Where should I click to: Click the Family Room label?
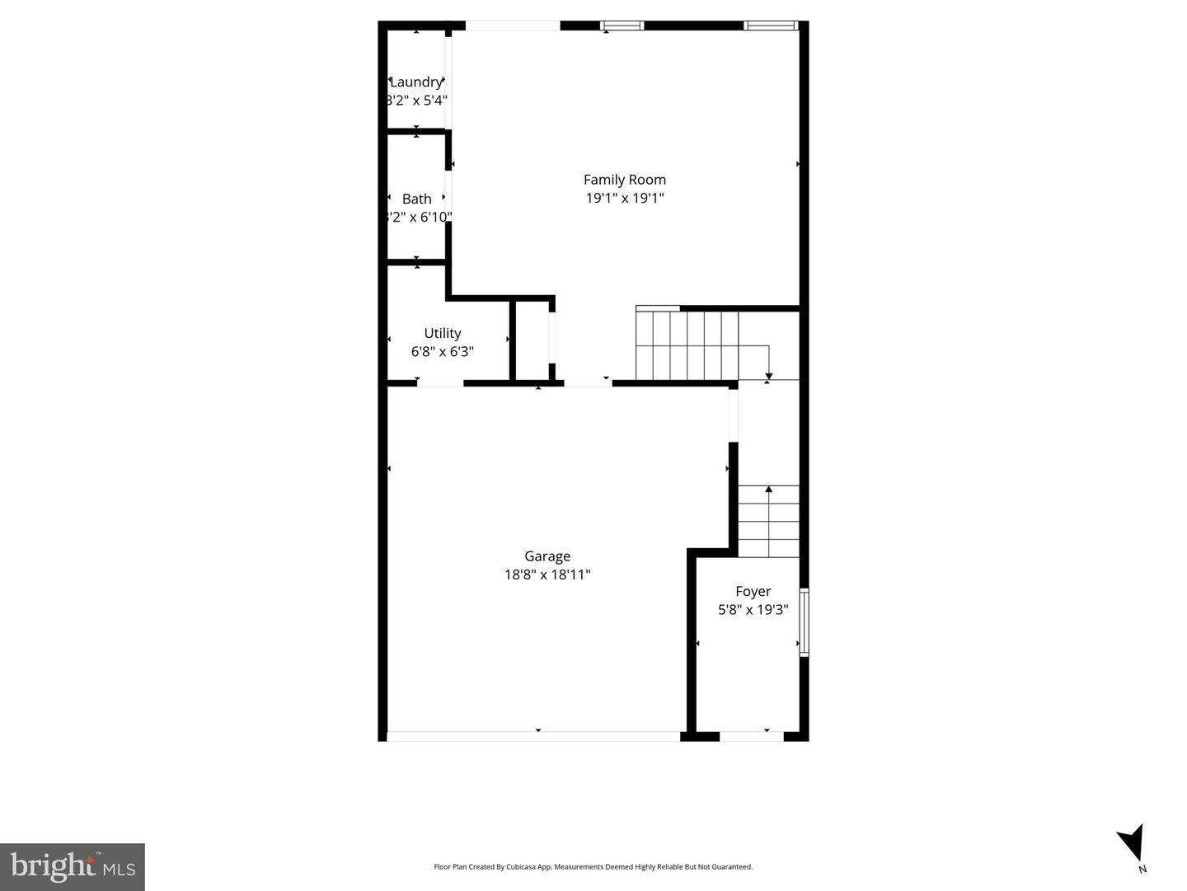click(624, 180)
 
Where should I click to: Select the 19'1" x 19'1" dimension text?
click(624, 198)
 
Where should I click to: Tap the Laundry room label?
click(416, 82)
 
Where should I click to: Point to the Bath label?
click(416, 199)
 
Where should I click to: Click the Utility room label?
click(442, 333)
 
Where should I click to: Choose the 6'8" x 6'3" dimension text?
click(442, 352)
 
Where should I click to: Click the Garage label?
click(547, 556)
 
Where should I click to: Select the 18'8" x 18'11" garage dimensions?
click(547, 574)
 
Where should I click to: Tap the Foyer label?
click(753, 591)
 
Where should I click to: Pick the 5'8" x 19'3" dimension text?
click(753, 610)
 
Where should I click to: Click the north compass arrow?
click(1132, 843)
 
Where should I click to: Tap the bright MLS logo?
click(73, 866)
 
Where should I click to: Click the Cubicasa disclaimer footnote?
click(593, 867)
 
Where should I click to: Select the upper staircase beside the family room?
click(687, 344)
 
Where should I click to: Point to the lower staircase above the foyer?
click(768, 521)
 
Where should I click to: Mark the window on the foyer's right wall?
click(804, 622)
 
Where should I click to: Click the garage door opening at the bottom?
click(533, 735)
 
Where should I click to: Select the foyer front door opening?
click(751, 735)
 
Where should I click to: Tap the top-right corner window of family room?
click(771, 26)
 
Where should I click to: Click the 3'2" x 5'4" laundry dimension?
click(416, 101)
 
